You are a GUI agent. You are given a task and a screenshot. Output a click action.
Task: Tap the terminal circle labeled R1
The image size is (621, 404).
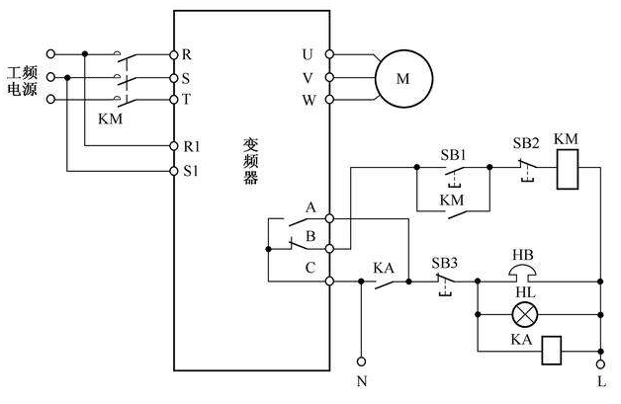tap(173, 146)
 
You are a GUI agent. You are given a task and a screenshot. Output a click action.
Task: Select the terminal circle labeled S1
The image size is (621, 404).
tap(173, 171)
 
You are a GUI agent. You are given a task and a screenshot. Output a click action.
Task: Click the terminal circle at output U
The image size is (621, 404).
tap(329, 54)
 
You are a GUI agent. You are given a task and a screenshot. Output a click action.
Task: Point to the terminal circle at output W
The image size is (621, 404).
tap(329, 100)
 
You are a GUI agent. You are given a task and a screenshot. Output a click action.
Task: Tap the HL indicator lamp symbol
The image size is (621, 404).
tap(525, 314)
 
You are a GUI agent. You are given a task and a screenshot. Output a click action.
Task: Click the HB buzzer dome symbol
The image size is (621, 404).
tap(523, 273)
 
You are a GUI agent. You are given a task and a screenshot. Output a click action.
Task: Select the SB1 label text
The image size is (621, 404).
tap(453, 155)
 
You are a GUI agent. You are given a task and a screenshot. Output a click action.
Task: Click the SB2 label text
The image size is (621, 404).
tap(526, 143)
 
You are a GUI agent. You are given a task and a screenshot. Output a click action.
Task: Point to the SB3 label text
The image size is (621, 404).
tap(444, 263)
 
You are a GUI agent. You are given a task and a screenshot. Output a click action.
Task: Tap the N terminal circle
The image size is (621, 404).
tap(361, 362)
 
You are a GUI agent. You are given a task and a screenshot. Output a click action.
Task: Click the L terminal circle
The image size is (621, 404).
tap(601, 364)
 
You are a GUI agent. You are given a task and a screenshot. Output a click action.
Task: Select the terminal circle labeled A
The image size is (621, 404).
tap(329, 218)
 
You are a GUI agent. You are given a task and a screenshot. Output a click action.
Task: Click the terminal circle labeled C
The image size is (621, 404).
tap(329, 281)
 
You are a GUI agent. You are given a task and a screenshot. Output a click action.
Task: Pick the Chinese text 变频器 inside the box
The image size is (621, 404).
tap(250, 161)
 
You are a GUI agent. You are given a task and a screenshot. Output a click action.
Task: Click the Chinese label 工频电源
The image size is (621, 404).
tap(23, 81)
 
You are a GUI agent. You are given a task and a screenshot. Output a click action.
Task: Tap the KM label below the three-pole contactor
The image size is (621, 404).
tap(110, 119)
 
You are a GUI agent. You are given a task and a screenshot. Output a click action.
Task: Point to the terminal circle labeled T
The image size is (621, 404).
tap(173, 100)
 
